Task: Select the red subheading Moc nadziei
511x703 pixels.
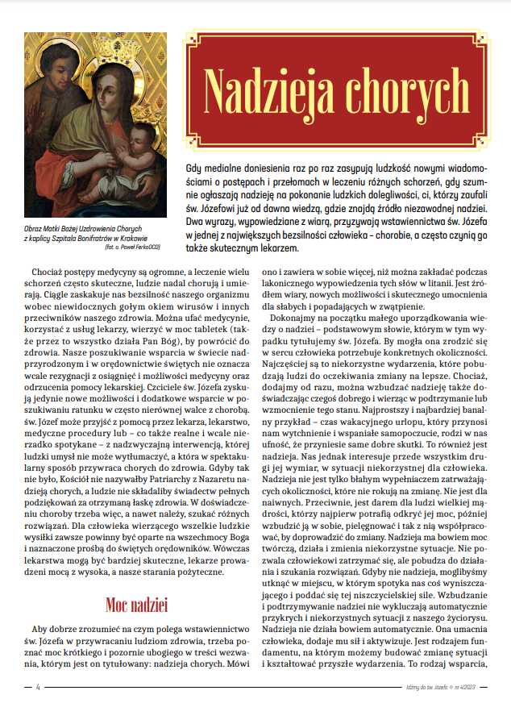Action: point(135,602)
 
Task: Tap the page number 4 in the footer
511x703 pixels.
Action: point(37,688)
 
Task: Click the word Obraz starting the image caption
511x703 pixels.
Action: point(34,230)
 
